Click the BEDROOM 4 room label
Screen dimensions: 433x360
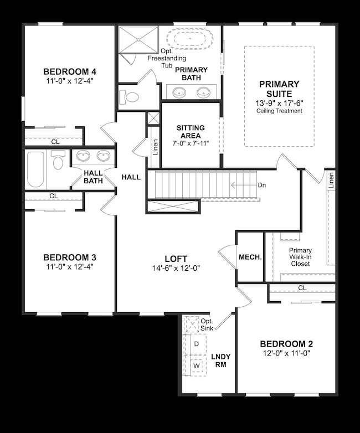click(70, 71)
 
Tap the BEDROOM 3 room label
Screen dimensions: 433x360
click(70, 257)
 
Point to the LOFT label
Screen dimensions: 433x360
click(176, 259)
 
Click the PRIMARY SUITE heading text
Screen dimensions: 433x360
click(279, 89)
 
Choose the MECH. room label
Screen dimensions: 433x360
click(250, 257)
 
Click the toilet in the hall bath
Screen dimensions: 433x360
click(58, 162)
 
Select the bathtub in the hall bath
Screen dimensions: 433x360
click(35, 169)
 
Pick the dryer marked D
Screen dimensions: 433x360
click(196, 344)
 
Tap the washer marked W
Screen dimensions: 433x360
click(196, 366)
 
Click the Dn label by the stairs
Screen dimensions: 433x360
click(262, 185)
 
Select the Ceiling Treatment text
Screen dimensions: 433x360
click(279, 111)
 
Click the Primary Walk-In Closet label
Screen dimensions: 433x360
click(300, 257)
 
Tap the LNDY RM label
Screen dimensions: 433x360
click(221, 361)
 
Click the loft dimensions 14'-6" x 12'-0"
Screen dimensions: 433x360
click(176, 268)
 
